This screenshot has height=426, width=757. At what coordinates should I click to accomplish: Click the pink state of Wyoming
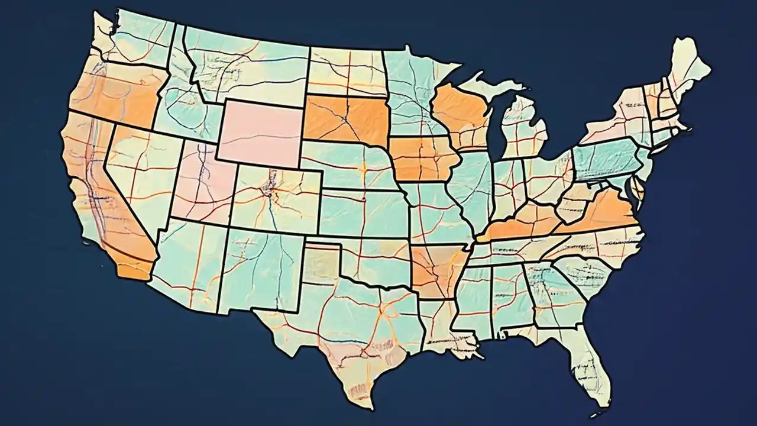point(260,131)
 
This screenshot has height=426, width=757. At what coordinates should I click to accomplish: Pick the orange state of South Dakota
point(346,118)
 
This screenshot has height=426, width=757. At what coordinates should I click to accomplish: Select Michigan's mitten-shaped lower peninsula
point(523,127)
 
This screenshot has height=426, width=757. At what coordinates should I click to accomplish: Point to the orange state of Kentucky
point(520,222)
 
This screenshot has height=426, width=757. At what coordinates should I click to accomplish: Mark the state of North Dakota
point(346,71)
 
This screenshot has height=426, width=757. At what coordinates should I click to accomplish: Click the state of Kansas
point(361,213)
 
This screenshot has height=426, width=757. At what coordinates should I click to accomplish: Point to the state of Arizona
point(186,260)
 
